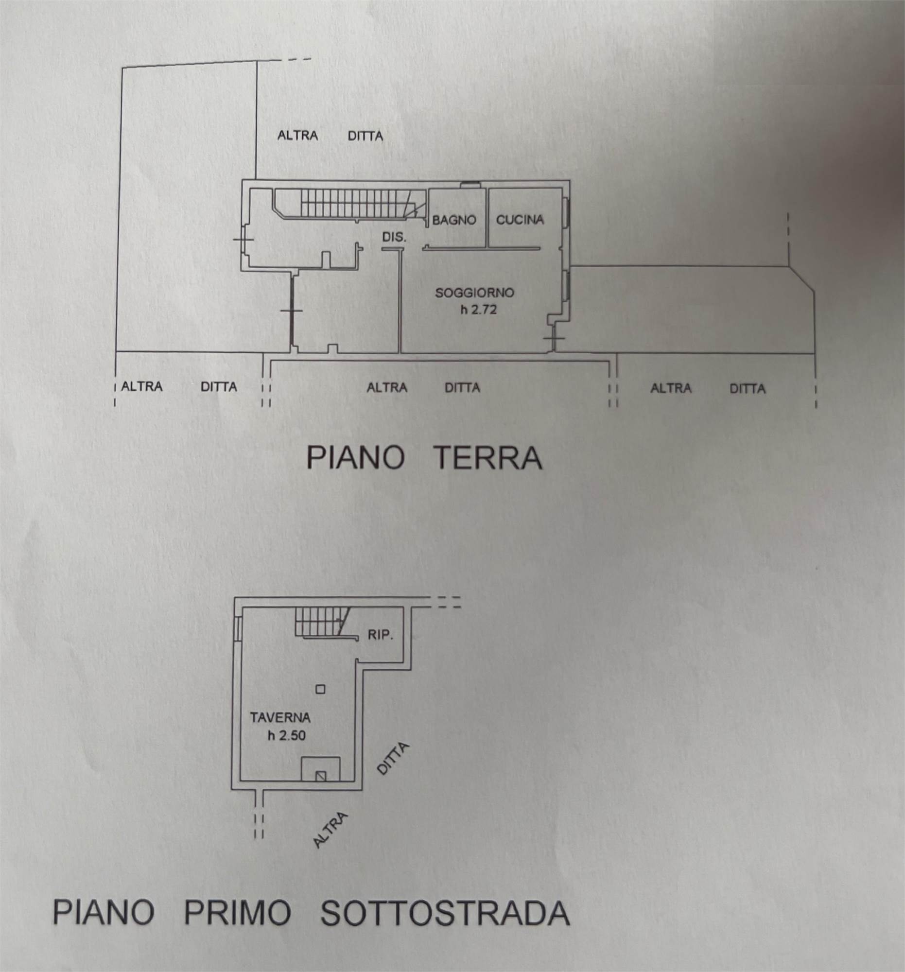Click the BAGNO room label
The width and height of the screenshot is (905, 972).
454,220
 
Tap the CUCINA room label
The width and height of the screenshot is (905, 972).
520,220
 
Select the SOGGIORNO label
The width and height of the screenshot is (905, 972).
475,293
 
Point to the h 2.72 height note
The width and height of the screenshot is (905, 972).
479,310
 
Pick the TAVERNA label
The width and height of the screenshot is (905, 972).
280,718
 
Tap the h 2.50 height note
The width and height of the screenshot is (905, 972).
287,735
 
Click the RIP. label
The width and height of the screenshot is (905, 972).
380,636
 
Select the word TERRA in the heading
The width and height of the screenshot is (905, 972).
488,458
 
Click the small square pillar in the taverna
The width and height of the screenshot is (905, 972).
320,690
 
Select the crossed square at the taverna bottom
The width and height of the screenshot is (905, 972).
320,776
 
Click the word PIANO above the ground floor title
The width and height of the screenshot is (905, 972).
355,458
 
